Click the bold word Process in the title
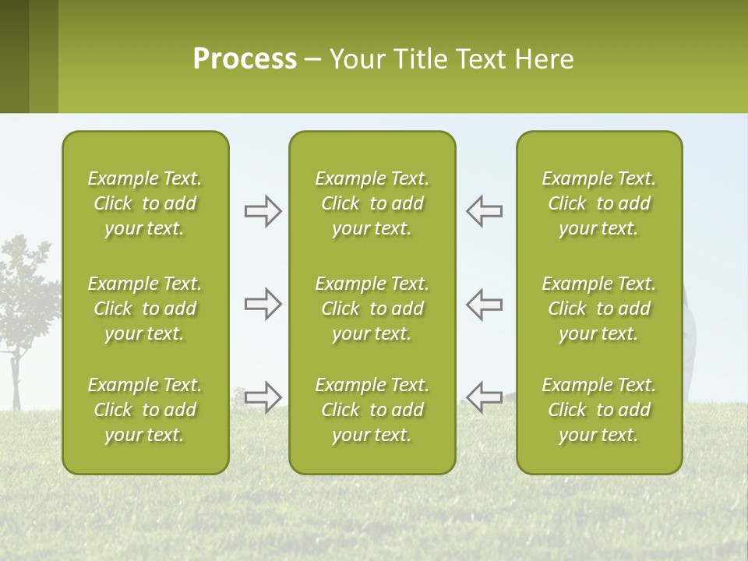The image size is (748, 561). point(245,59)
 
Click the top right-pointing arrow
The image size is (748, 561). point(263,211)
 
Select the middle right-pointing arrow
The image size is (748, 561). point(263,304)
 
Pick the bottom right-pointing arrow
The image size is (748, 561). point(263,397)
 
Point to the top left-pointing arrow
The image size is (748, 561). point(485,211)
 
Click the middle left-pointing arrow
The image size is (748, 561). point(485,304)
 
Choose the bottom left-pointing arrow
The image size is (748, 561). point(485,397)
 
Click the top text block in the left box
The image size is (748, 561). point(145,203)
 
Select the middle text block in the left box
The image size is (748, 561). point(145,309)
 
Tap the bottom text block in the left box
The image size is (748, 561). point(145,410)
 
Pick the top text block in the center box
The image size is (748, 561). point(372,203)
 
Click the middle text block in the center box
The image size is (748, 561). point(372,309)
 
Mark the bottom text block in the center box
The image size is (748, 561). point(372,410)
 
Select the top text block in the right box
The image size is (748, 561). point(599,203)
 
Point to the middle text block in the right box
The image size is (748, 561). point(599,309)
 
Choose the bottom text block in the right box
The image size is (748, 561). point(599,410)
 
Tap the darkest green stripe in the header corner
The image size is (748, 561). point(14,56)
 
